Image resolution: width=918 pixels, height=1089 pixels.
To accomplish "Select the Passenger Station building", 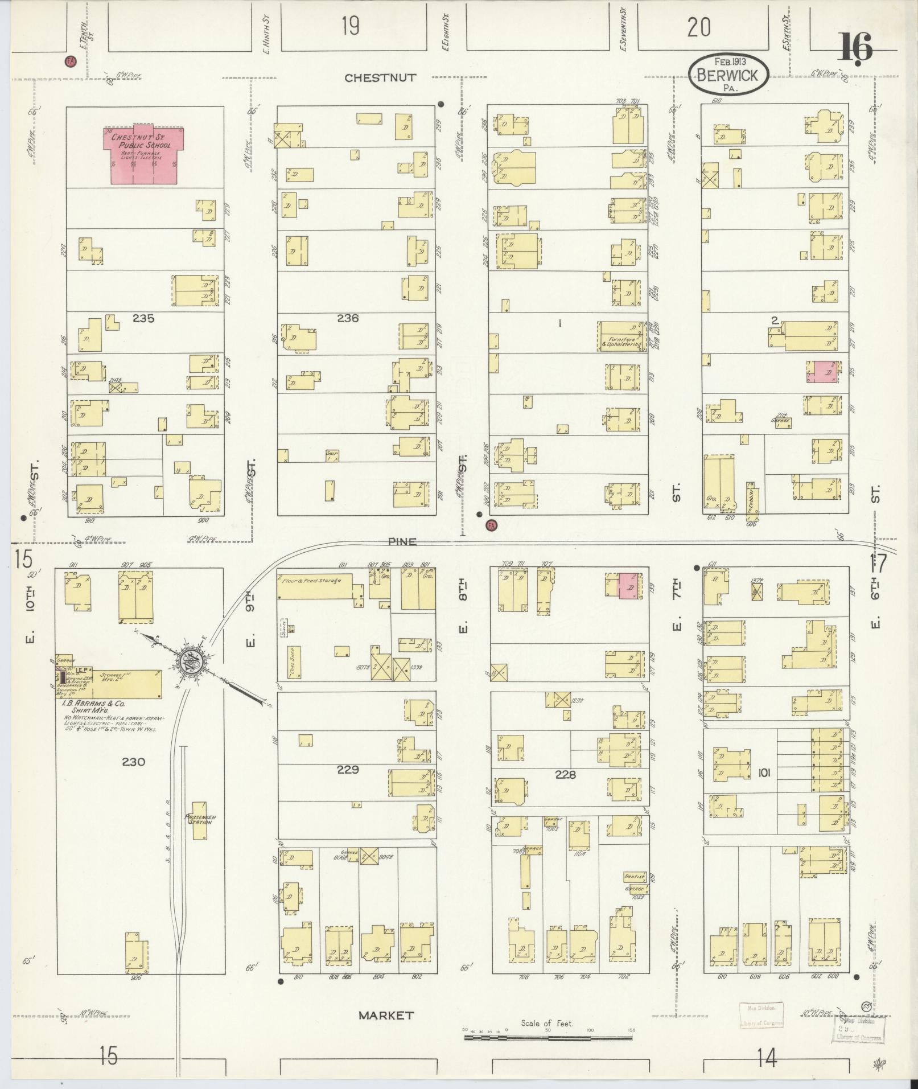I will [x=199, y=820].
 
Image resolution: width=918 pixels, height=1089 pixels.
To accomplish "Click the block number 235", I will [x=143, y=319].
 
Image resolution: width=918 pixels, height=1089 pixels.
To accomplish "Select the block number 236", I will [x=347, y=319].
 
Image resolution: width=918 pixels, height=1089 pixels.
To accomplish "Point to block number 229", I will [x=347, y=770].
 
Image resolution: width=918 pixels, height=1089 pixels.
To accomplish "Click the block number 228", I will [x=566, y=775].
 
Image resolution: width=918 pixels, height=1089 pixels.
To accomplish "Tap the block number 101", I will [x=764, y=773].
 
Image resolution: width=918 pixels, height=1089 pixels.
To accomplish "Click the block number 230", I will [x=134, y=762].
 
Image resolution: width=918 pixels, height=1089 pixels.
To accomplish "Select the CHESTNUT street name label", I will [x=380, y=78].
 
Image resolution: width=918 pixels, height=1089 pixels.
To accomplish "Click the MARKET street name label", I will [x=387, y=1015].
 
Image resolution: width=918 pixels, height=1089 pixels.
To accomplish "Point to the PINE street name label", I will [x=403, y=542].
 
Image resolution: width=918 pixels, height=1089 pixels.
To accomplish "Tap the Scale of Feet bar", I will [x=548, y=1038].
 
